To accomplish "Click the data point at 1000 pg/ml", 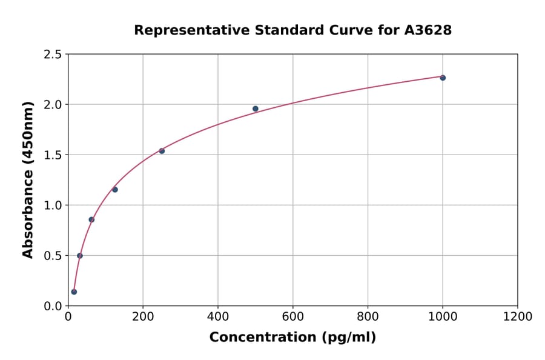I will [x=443, y=78].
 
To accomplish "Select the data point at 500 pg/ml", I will [x=256, y=109].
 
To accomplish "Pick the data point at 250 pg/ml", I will [x=162, y=151].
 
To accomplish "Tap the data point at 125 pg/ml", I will [x=115, y=190].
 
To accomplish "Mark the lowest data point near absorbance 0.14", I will [x=74, y=292].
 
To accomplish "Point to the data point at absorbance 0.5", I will [x=80, y=256].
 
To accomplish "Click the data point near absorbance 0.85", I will [x=91, y=219].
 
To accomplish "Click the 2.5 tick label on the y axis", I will [x=52, y=55].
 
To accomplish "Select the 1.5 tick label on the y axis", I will [x=52, y=155].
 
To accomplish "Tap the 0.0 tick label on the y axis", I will [x=52, y=306].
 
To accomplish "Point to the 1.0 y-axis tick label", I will [x=52, y=205].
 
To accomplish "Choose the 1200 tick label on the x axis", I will [x=518, y=317].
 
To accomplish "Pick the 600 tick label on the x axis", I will [x=293, y=317].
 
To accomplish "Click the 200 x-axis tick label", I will [x=143, y=317].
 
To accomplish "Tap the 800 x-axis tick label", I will [x=368, y=317].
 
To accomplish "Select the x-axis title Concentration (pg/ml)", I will [x=292, y=338].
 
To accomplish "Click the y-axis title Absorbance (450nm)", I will [x=28, y=180].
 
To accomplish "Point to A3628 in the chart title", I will [x=428, y=30].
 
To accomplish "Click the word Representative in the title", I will [x=182, y=30].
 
